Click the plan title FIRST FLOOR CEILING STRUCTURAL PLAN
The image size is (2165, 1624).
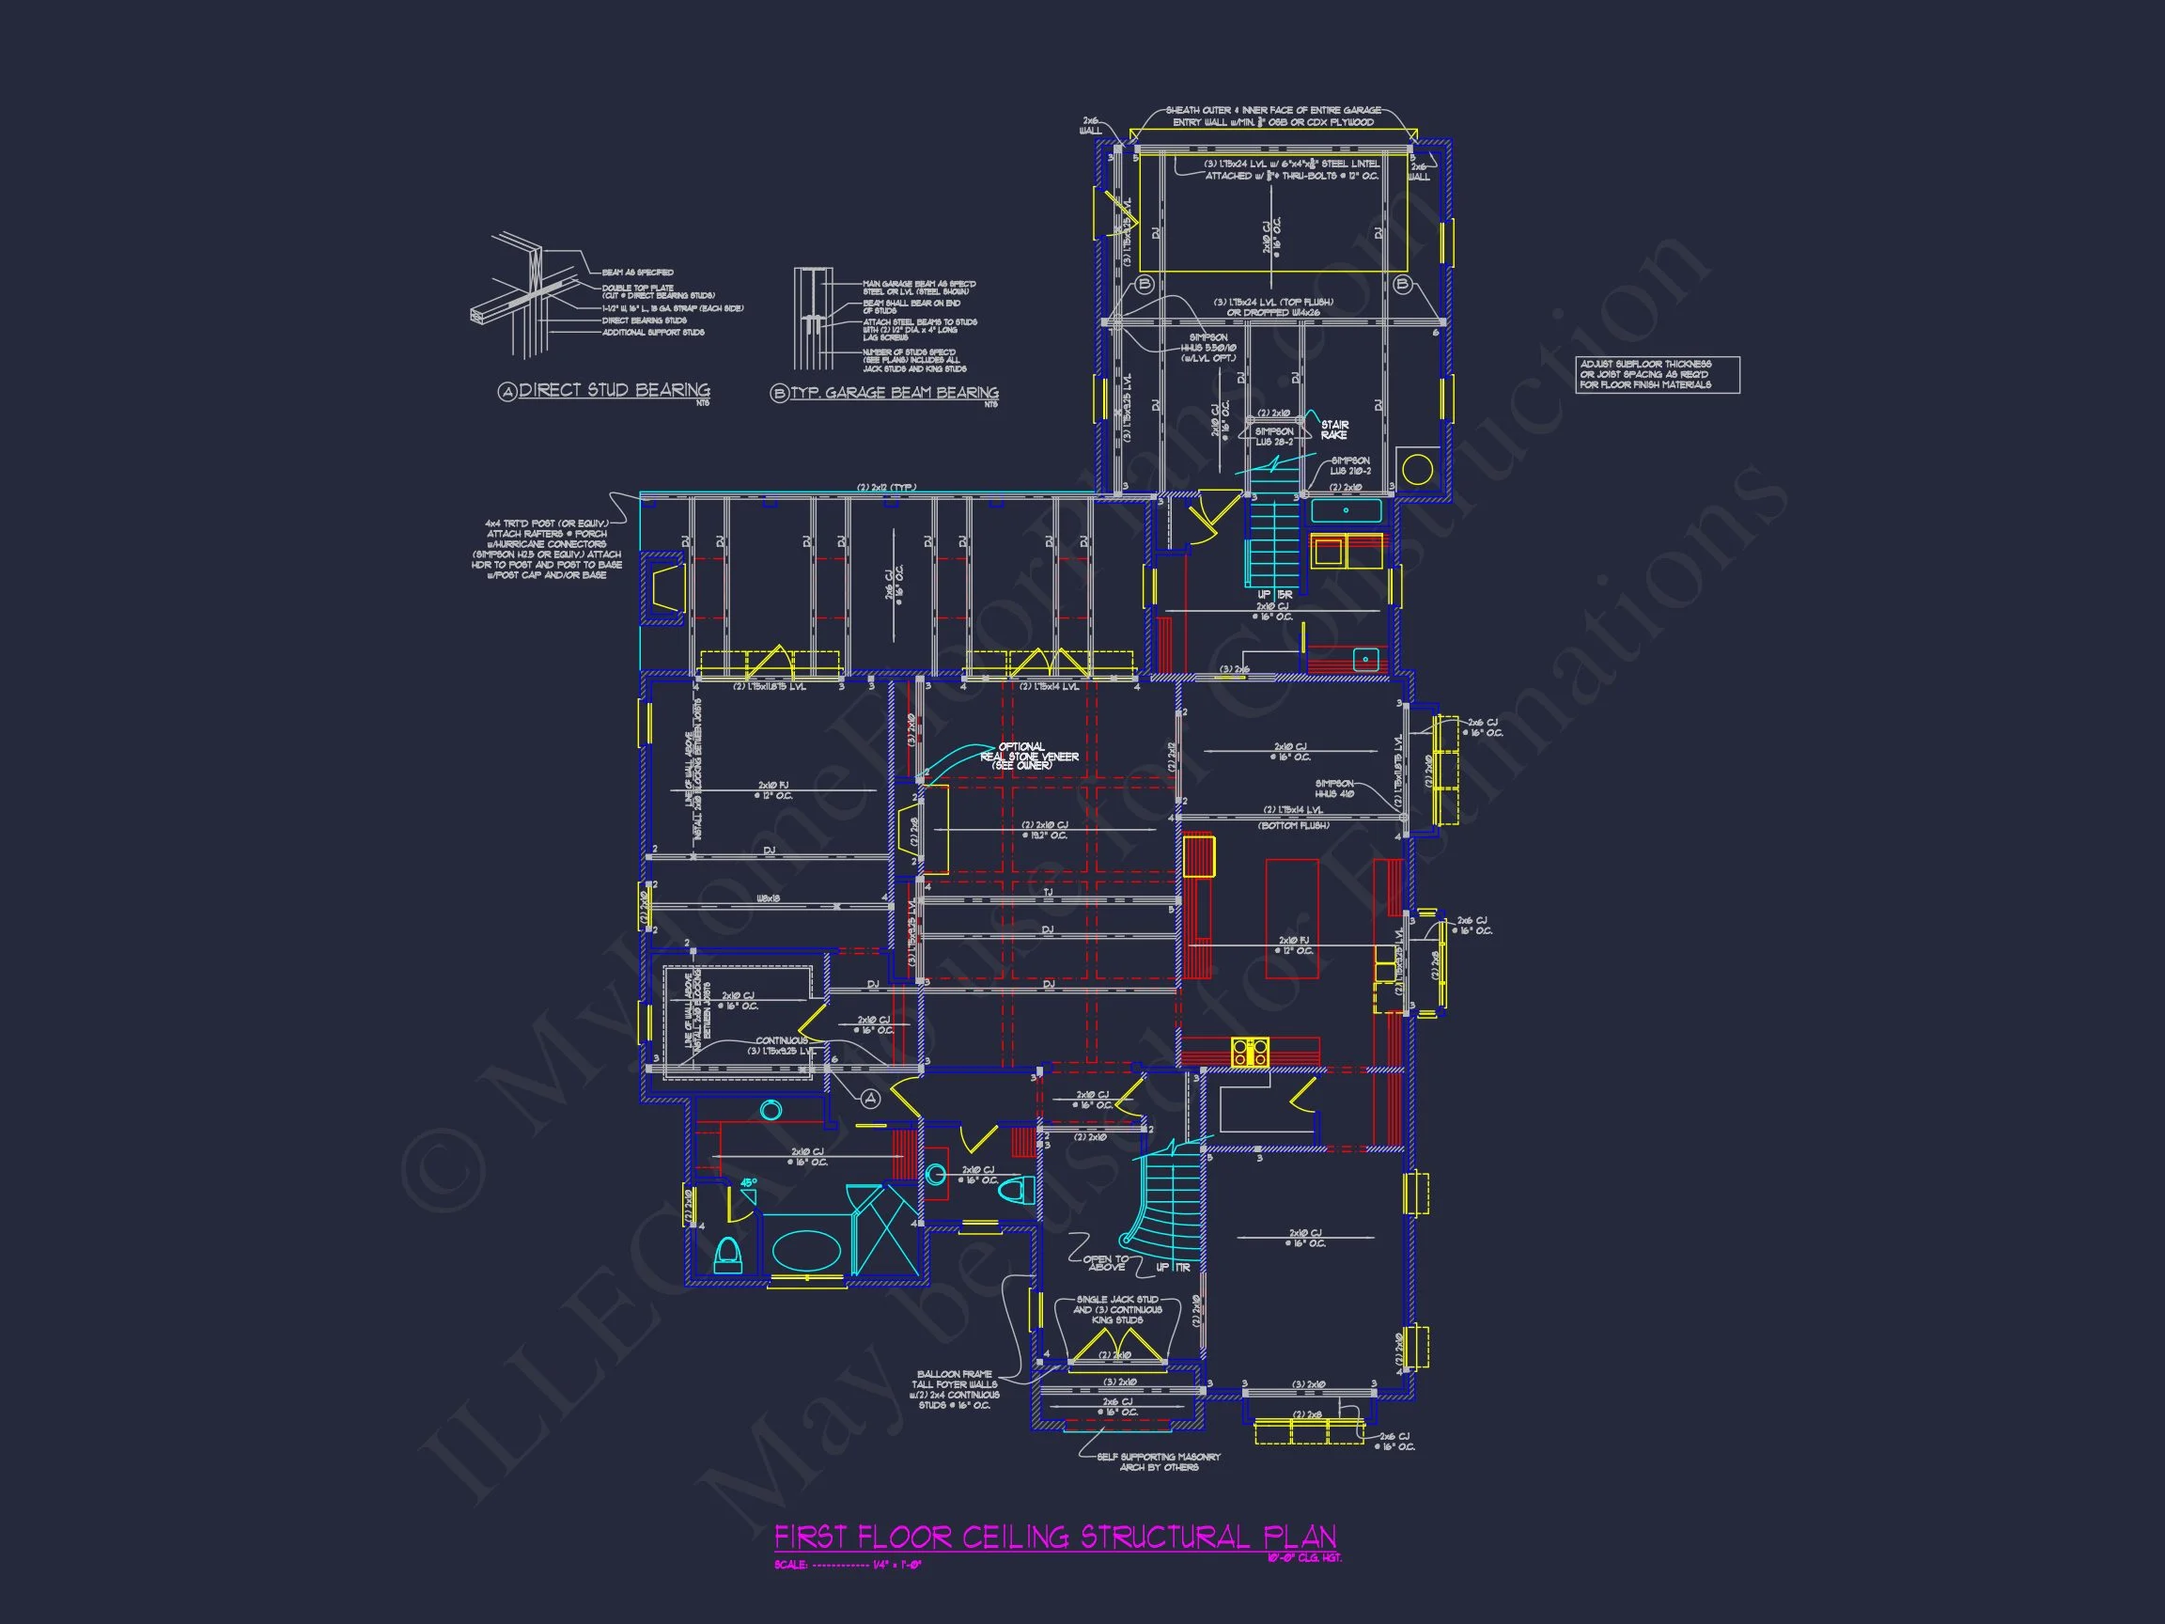(1054, 1536)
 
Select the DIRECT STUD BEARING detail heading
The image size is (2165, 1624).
(613, 391)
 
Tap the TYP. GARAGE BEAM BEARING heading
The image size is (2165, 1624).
(894, 393)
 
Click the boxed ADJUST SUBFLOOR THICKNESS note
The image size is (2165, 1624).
(1657, 375)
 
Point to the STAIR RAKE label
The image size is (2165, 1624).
(1334, 429)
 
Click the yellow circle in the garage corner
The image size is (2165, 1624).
(1416, 470)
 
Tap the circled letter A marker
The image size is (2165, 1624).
(870, 1099)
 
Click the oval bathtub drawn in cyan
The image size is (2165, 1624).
(806, 1251)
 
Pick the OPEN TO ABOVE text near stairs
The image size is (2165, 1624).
(1106, 1264)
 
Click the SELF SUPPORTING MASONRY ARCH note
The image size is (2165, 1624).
(1158, 1461)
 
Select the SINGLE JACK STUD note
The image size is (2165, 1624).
(1116, 1309)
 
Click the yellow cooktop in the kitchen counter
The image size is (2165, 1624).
(1250, 1052)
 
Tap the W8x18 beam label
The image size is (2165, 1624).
(769, 898)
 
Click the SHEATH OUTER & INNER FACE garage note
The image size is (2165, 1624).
(1272, 116)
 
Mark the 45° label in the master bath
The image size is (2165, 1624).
(748, 1182)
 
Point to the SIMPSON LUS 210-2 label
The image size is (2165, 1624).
(1349, 466)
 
